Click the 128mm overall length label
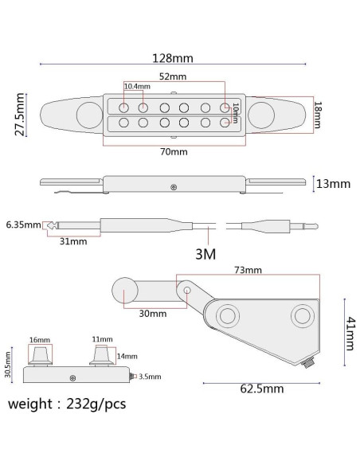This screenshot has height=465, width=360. (173, 58)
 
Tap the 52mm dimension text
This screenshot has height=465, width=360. (173, 76)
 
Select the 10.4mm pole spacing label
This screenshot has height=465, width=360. (137, 86)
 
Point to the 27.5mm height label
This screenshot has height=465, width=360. (20, 114)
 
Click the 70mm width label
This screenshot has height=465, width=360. (174, 152)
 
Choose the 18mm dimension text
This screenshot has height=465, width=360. (318, 115)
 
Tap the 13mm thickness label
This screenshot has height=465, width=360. (333, 184)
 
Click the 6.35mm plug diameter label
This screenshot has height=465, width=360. (23, 225)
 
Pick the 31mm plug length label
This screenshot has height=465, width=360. (73, 241)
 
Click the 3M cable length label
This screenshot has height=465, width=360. (205, 254)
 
